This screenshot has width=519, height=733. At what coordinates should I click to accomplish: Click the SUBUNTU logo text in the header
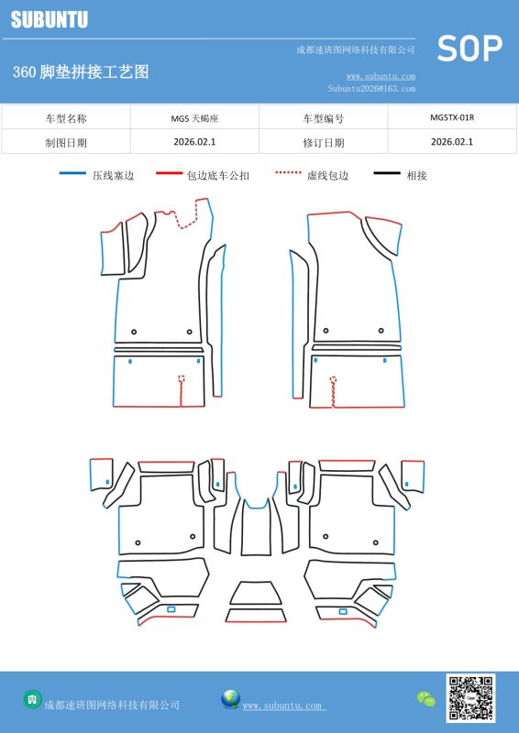pos(50,19)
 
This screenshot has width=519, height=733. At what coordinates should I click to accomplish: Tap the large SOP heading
pos(469,49)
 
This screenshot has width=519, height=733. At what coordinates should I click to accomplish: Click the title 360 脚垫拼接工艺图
pos(81,72)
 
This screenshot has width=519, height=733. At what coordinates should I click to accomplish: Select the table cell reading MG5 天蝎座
pos(194,118)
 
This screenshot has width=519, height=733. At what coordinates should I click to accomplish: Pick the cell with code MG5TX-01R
pos(452,117)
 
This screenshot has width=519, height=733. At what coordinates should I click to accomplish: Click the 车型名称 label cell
pos(66,118)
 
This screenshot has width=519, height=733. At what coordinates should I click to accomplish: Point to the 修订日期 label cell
pos(324,143)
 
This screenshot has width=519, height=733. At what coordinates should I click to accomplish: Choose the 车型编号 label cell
pos(324,118)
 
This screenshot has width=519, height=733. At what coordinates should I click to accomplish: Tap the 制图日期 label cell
pos(66,143)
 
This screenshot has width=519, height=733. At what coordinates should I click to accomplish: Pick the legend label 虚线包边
pos(327,175)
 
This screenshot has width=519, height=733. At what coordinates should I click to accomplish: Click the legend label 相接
pos(416,175)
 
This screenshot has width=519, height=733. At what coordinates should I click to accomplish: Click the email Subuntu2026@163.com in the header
pos(371,88)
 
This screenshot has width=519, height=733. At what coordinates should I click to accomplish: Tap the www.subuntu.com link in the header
pos(381,76)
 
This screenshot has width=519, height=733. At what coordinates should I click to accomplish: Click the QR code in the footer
pos(470,698)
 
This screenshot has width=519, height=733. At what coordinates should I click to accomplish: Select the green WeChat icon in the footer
pos(425,699)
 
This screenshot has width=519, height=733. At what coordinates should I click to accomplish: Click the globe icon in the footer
pos(231,699)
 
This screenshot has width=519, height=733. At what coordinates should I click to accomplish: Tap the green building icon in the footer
pos(32,699)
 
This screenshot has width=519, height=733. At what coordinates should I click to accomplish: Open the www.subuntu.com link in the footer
pos(282,706)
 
